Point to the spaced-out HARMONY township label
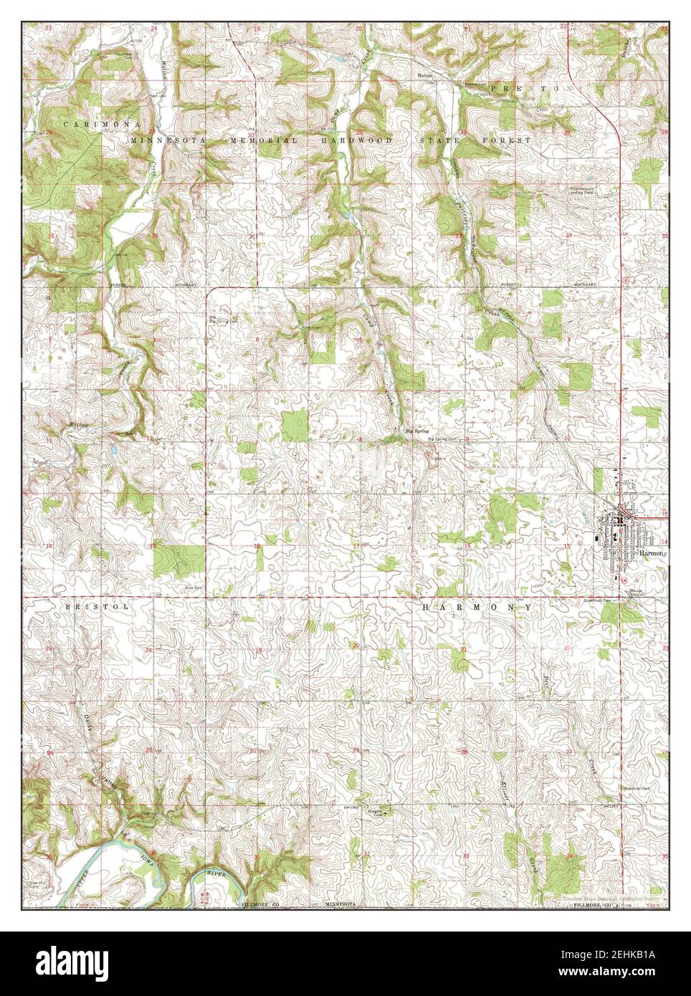pos(476,607)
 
